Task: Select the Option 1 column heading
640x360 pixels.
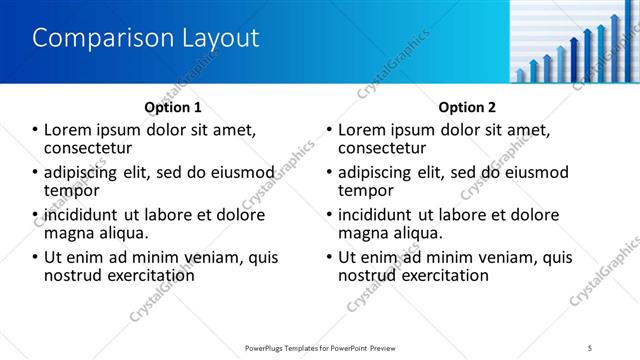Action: click(173, 107)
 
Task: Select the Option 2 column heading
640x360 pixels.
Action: click(467, 107)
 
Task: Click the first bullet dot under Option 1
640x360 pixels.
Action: click(36, 130)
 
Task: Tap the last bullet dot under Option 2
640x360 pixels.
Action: click(330, 257)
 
